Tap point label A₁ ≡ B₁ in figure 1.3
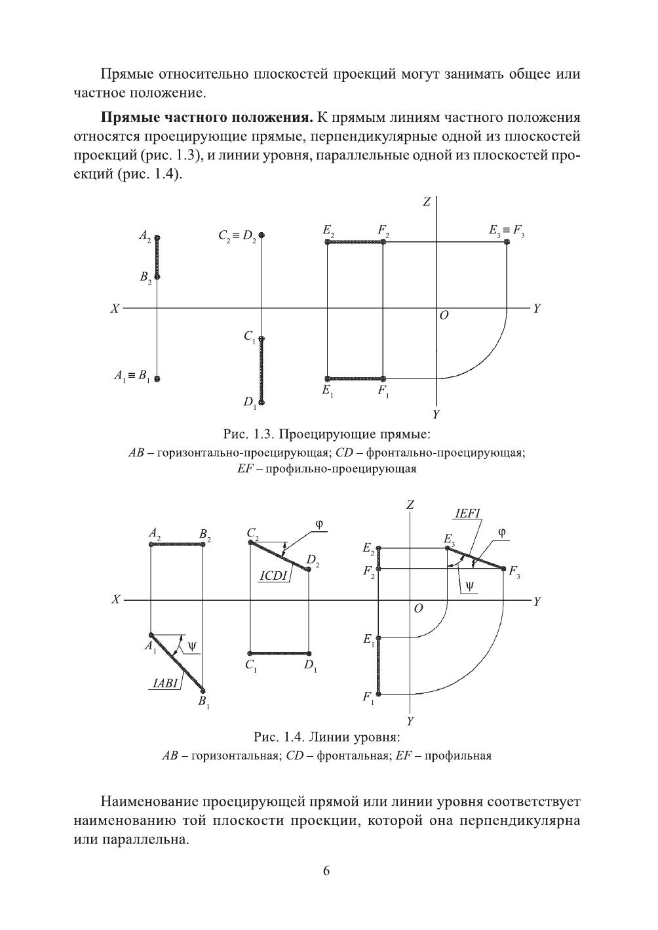pos(131,377)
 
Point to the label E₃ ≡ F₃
pos(507,231)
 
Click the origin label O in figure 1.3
pos(444,315)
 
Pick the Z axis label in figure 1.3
pos(426,202)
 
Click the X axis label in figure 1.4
pos(115,599)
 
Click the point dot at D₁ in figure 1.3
pos(261,401)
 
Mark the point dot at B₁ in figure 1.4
pos(203,690)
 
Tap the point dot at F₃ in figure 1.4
pos(504,569)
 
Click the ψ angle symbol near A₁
pos(191,646)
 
